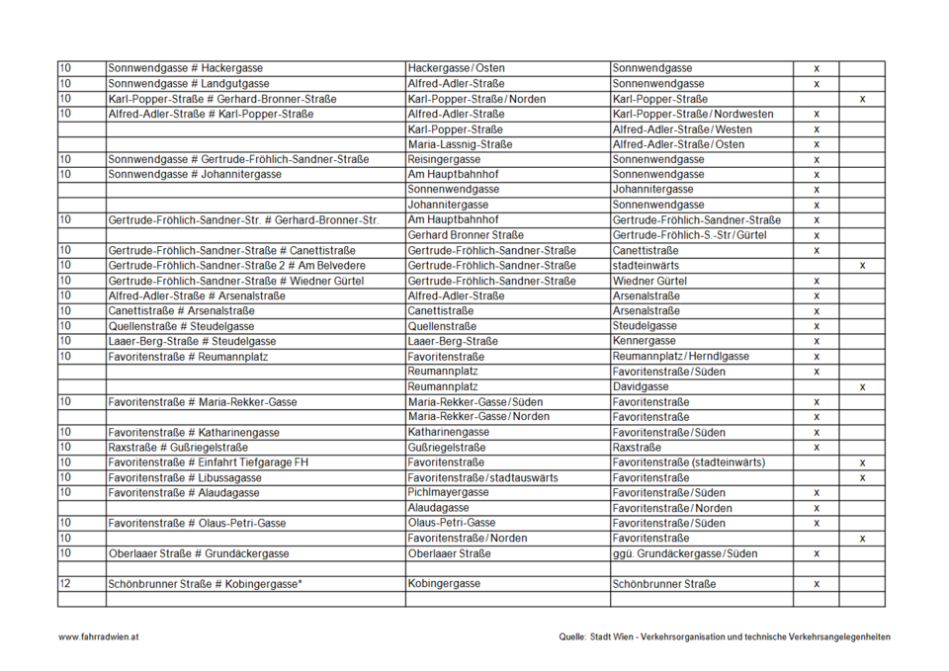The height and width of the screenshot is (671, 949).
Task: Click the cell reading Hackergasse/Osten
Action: click(x=456, y=68)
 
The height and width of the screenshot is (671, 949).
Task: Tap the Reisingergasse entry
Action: click(x=444, y=159)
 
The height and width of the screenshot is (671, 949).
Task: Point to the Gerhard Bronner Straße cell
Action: click(x=466, y=235)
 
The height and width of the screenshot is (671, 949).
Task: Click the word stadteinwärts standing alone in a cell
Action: click(x=646, y=266)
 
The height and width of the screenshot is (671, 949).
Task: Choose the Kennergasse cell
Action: click(x=645, y=341)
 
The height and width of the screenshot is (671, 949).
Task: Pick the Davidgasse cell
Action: click(x=641, y=386)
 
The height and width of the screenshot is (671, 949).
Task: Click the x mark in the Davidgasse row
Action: click(x=862, y=387)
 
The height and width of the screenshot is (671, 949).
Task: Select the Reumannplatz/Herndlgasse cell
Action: click(x=680, y=356)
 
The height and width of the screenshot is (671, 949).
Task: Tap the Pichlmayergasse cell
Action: click(x=448, y=492)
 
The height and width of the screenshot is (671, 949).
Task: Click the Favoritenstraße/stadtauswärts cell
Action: click(x=482, y=477)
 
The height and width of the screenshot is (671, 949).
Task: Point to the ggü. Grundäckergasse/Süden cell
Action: click(x=683, y=553)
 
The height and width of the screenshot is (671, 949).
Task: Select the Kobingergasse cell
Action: click(x=444, y=584)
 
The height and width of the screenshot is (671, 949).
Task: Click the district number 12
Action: click(x=65, y=584)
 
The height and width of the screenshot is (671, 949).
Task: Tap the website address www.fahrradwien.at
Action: click(x=98, y=637)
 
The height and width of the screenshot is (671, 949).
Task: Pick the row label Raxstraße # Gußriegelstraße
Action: click(x=178, y=448)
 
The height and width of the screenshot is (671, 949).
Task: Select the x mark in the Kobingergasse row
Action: click(x=817, y=584)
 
